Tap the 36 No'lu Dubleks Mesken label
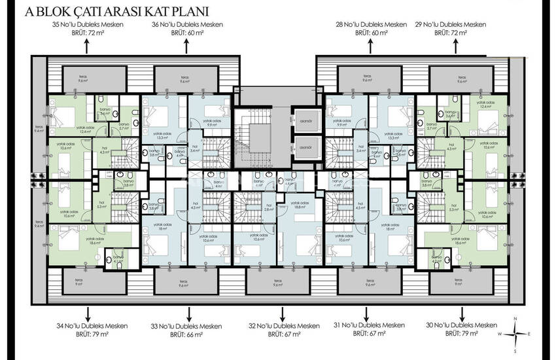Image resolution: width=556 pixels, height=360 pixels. tap(188, 25)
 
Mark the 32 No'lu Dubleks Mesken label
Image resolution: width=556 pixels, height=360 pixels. tap(279, 325)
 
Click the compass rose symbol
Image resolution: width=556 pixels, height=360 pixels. tap(515, 333)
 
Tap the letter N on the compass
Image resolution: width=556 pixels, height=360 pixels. tap(515, 318)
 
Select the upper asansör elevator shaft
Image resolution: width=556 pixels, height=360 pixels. tap(305, 120)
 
